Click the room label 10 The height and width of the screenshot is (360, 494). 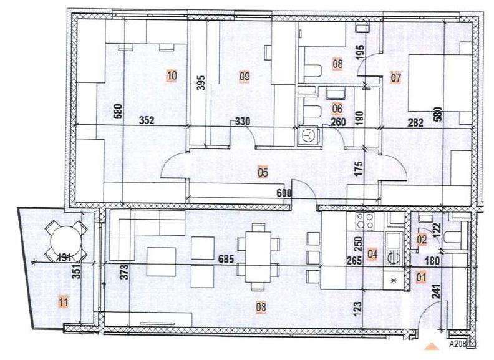pos(172,76)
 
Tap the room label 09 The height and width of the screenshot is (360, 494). pos(245,76)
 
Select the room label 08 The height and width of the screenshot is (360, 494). pos(337,63)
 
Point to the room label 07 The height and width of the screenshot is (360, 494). pos(395,78)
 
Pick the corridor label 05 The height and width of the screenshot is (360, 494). pos(263,173)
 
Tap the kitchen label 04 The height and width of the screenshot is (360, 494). pos(373,254)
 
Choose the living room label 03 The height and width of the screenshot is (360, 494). pos(261,307)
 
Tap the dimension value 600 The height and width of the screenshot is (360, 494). pos(284,193)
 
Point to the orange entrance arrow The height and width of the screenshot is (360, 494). pos(430,344)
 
